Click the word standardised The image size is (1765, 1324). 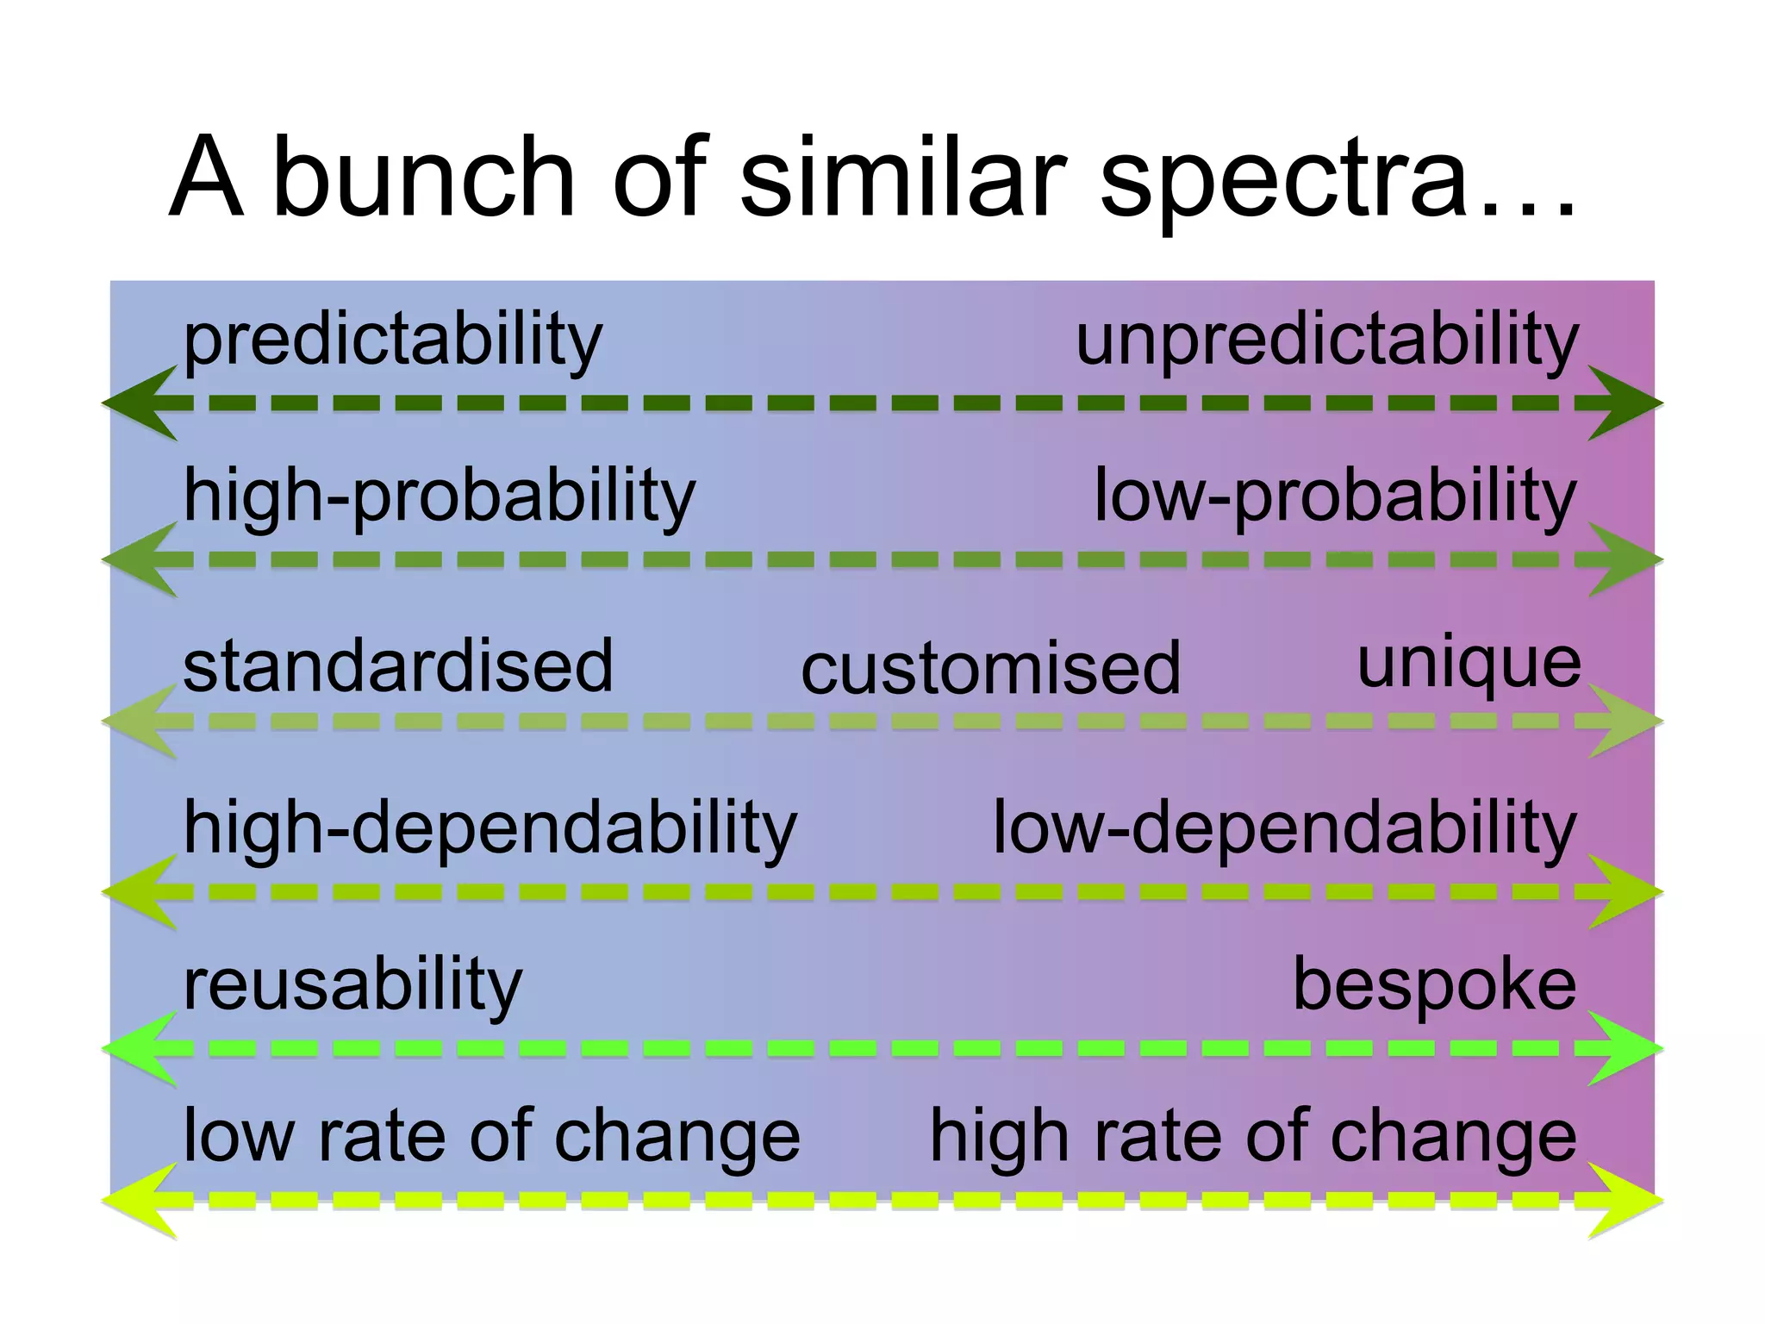(398, 666)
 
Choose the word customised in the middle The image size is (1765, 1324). (991, 670)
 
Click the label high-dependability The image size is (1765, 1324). (490, 827)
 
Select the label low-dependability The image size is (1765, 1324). (1285, 827)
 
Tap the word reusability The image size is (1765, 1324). (353, 984)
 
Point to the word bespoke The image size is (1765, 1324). (1435, 984)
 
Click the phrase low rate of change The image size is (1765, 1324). (492, 1137)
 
